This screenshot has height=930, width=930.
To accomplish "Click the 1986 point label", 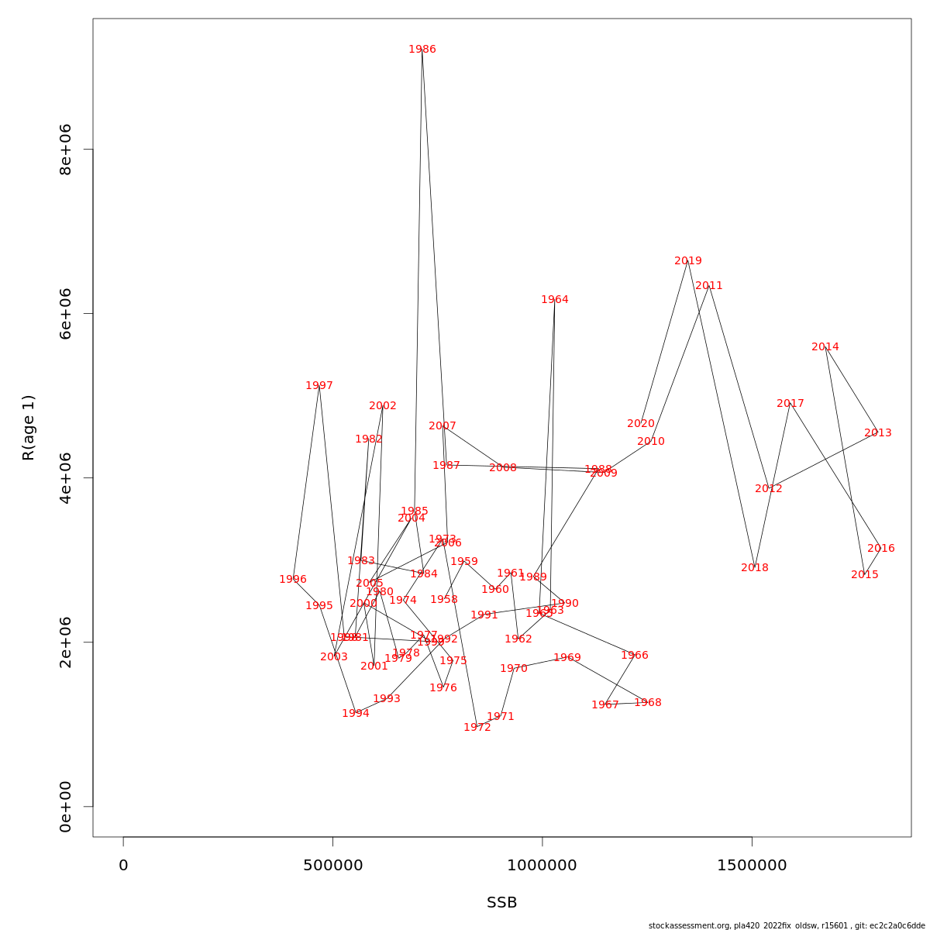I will click(422, 50).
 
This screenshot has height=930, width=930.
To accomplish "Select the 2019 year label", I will click(688, 261).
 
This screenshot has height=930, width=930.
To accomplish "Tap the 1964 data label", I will click(555, 300).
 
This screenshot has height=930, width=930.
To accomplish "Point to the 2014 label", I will click(825, 347).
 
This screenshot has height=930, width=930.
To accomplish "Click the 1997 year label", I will click(319, 386).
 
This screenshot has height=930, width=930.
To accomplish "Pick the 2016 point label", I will click(881, 549).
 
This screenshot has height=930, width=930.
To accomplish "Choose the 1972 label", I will click(477, 728).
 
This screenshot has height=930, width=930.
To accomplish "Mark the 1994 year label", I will click(356, 714).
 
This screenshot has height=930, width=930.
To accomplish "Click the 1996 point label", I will click(293, 580).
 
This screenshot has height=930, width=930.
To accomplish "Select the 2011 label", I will click(709, 286).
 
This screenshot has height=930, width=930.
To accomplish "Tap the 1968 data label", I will click(648, 703).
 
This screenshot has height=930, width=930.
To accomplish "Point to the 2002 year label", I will click(383, 406).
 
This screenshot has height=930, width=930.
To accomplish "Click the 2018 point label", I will click(755, 568).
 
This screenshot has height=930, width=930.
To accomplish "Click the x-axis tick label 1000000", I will click(542, 866).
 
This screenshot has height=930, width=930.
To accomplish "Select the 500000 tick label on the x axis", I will click(333, 866).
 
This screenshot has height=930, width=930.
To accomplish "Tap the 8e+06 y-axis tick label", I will click(66, 149).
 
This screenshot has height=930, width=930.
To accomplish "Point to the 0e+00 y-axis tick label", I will click(66, 806).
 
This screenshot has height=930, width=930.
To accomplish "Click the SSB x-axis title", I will click(502, 903).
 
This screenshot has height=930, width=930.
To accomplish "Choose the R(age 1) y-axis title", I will click(29, 428).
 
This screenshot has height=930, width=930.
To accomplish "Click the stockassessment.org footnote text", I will click(787, 925).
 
